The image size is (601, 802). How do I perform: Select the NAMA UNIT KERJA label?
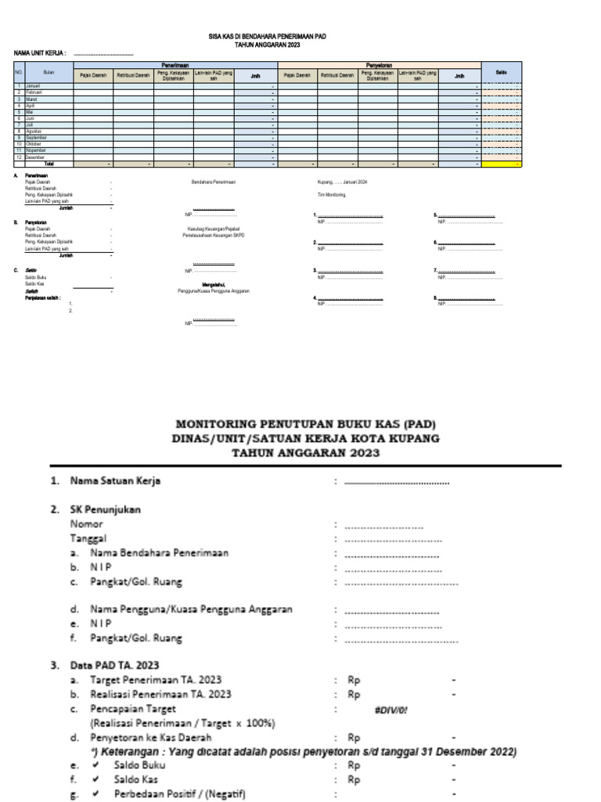[x=40, y=53]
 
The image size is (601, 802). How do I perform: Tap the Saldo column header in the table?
[x=501, y=72]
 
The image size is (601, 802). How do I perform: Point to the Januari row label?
[x=33, y=85]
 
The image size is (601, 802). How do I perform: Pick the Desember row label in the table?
[x=35, y=157]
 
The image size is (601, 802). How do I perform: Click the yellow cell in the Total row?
[x=501, y=164]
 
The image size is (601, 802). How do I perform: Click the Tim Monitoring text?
[x=323, y=194]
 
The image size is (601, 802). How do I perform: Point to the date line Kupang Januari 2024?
[x=336, y=181]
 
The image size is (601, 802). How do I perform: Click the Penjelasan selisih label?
[x=43, y=297]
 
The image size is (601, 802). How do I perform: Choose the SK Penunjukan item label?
[x=106, y=509]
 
